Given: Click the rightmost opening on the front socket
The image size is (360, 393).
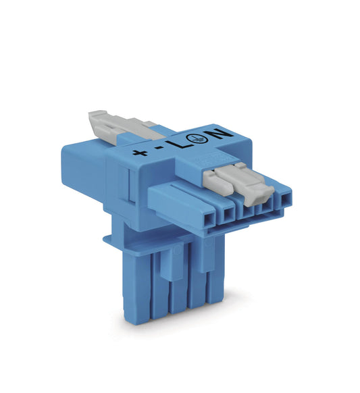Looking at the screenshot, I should coord(286,199).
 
